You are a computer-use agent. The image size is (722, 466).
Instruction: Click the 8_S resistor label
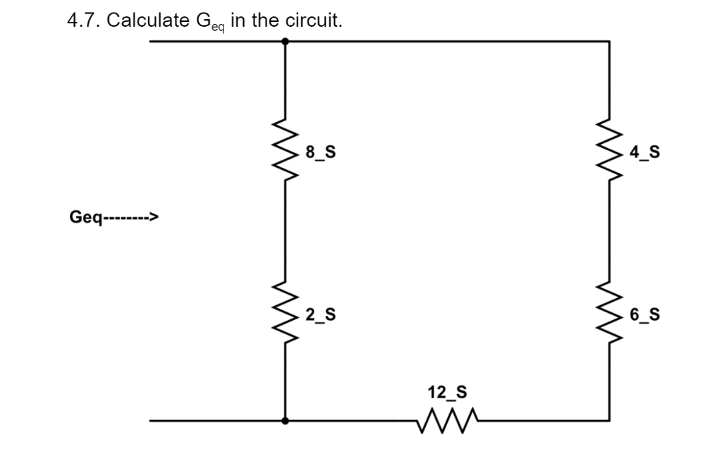[321, 152]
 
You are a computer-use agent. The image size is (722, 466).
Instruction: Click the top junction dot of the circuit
[285, 42]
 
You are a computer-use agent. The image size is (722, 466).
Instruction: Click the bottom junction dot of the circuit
[285, 421]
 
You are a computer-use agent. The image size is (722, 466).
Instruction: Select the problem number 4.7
[82, 20]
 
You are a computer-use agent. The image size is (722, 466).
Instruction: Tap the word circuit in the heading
[314, 20]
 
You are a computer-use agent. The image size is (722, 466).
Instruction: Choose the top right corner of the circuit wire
[609, 42]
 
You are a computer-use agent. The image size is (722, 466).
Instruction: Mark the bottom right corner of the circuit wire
[609, 421]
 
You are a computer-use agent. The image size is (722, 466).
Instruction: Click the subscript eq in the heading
[216, 26]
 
